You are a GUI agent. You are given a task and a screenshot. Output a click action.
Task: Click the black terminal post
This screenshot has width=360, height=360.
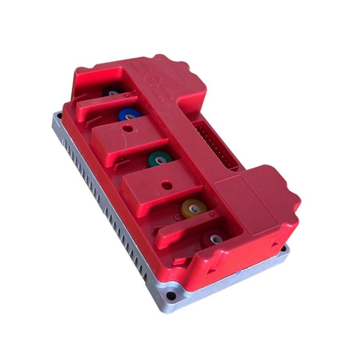coord(112,92)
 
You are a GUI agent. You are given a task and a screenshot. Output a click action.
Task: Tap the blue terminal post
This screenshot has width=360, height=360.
coord(129,115)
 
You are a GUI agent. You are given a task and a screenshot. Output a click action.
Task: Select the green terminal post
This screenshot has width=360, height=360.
coord(160,160)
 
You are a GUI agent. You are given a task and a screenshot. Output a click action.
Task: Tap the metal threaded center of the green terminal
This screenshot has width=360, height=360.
coord(160,160)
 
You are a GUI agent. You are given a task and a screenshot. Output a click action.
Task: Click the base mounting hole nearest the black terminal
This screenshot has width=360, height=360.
coord(60,115)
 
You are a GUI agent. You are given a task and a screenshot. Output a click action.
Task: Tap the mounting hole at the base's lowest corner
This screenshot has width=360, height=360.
coord(172,296)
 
